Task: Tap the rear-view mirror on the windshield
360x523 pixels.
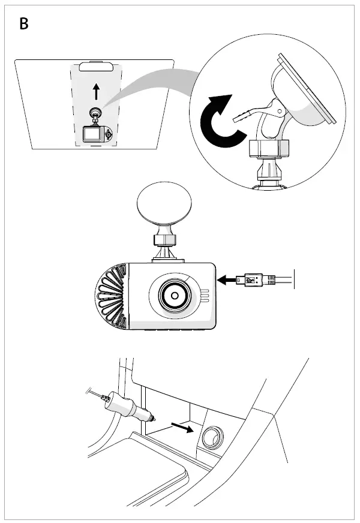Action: click(96, 67)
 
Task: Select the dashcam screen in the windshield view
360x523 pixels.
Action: click(92, 134)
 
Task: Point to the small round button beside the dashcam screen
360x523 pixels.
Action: click(108, 135)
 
